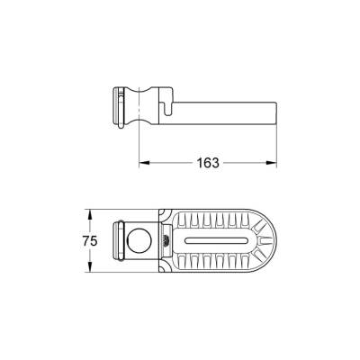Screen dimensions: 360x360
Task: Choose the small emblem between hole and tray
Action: [x=165, y=241]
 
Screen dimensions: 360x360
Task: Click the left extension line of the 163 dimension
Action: [x=139, y=144]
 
